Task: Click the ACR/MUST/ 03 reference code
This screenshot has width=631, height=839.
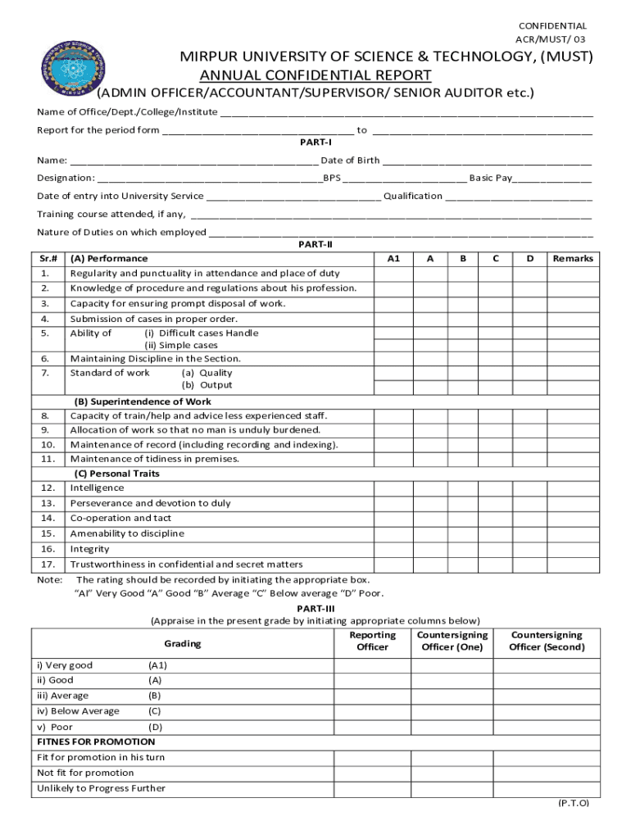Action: click(551, 39)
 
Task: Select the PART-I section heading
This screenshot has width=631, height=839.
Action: click(315, 143)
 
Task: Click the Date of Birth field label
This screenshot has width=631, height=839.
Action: click(350, 161)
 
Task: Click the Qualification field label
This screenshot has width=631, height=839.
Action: click(413, 196)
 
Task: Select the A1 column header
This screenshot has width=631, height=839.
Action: click(393, 258)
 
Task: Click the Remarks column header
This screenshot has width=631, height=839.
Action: click(572, 258)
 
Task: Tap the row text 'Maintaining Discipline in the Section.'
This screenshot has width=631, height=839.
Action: click(156, 359)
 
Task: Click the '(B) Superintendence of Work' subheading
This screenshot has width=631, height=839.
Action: click(143, 402)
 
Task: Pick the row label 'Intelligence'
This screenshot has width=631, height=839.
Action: click(98, 488)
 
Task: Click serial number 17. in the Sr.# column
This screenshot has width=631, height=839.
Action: click(48, 565)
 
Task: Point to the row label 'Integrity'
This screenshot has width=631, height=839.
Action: click(89, 549)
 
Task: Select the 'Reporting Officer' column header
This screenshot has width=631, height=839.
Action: click(372, 642)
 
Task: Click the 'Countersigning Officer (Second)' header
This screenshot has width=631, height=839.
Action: click(547, 642)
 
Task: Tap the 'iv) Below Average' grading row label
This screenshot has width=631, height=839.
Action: click(78, 711)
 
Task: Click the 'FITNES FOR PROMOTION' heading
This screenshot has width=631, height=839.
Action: click(96, 741)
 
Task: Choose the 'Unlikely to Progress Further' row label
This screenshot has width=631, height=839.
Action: click(101, 788)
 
